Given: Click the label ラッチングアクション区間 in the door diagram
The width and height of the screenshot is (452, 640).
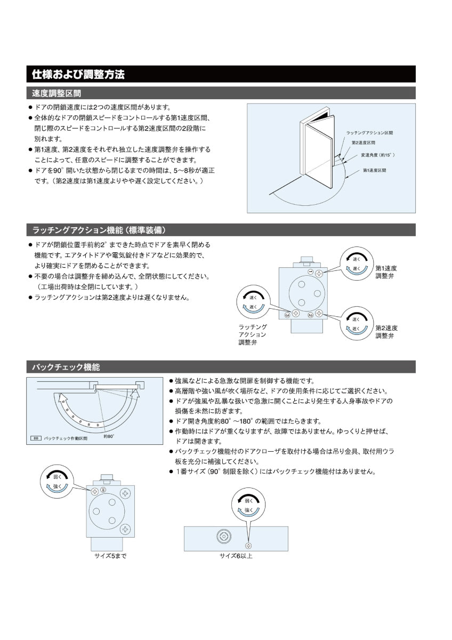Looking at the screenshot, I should pyautogui.click(x=373, y=132).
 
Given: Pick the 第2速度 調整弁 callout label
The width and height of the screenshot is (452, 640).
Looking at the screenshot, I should pyautogui.click(x=386, y=332).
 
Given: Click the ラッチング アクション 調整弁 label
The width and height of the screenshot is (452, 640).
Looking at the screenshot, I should pyautogui.click(x=253, y=334).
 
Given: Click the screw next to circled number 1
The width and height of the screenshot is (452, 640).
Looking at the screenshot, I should pyautogui.click(x=319, y=273).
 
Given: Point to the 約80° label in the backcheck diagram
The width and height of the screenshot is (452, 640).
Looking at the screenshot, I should pyautogui.click(x=109, y=436).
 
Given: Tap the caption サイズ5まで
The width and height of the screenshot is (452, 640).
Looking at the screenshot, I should pyautogui.click(x=110, y=556).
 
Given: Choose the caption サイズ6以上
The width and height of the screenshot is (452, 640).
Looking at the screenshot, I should pyautogui.click(x=236, y=556).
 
